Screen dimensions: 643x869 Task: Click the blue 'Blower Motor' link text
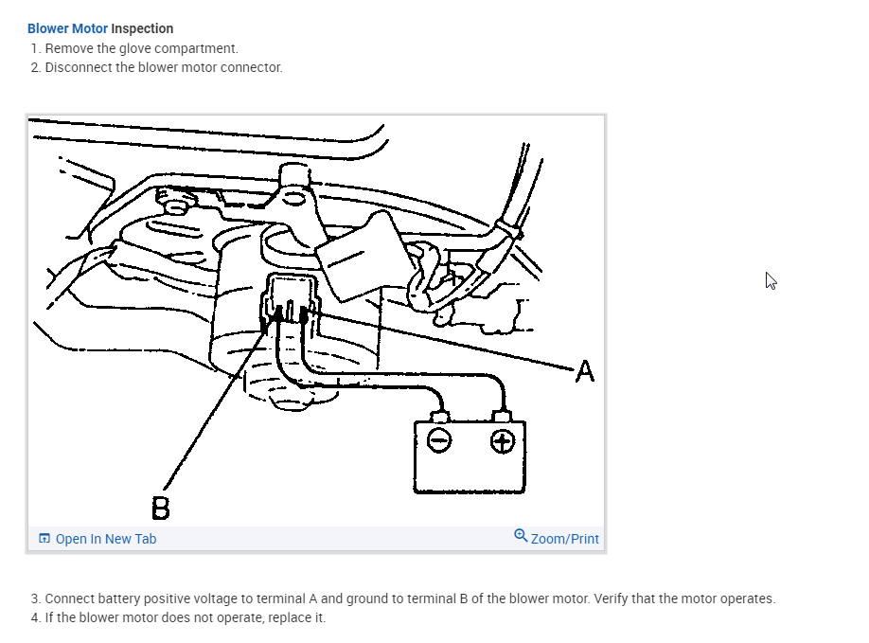coord(67,28)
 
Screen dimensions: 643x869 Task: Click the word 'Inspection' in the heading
coord(142,28)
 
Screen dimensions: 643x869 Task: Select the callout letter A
coord(585,372)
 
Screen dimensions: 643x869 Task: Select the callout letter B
coord(161,509)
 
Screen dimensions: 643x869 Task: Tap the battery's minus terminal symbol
coord(439,440)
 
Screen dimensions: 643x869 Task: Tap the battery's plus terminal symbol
coord(502,440)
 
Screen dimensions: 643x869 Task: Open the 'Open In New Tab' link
coord(105,539)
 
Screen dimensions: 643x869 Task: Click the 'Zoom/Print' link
coord(564,539)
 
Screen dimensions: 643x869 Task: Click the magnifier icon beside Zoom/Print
coord(521,536)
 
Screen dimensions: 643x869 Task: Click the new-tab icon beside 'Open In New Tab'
coord(44,539)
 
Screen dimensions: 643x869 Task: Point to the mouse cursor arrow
coord(770,279)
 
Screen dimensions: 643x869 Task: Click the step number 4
coord(35,617)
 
